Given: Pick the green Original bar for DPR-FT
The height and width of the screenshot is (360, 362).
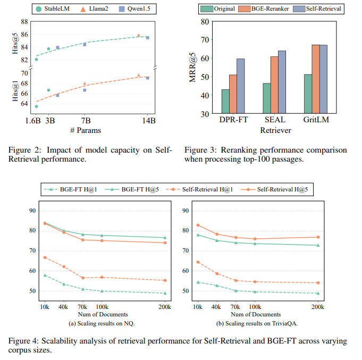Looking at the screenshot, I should point(225,102).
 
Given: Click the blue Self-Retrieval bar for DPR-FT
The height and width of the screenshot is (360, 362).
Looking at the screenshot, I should point(241,86).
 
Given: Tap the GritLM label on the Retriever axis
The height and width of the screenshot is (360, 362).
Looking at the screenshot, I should point(315,120).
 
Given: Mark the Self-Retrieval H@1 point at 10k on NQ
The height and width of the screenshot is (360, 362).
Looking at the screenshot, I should point(45,257).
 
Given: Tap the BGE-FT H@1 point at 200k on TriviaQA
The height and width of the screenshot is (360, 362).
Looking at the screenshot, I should point(318,293).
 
